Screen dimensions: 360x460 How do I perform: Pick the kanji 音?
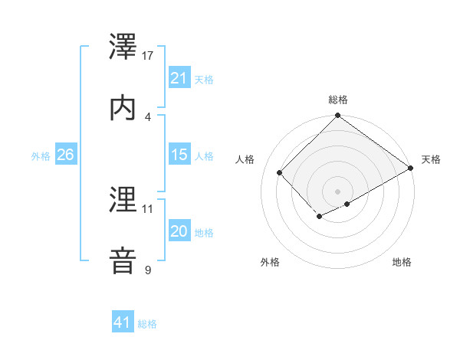point(123,261)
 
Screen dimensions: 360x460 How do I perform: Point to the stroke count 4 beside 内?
point(148,116)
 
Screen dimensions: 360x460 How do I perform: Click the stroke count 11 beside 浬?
point(148,208)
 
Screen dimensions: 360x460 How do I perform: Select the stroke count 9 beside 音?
point(148,270)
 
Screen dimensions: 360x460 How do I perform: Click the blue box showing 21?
point(179,78)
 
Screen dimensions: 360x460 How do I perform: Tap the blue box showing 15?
point(179,155)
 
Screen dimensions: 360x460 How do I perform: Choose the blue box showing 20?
point(179,231)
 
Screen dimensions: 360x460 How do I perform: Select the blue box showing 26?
point(65,155)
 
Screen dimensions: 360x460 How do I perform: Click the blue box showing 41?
point(123,322)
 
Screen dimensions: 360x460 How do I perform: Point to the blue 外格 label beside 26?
point(41,155)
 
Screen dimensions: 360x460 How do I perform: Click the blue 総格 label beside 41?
point(147,323)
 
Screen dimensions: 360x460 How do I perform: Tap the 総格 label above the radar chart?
point(338,100)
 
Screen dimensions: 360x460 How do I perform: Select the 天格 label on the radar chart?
point(431,159)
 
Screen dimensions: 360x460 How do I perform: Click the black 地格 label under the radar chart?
point(402,262)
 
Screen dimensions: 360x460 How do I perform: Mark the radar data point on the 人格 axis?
point(280,172)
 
